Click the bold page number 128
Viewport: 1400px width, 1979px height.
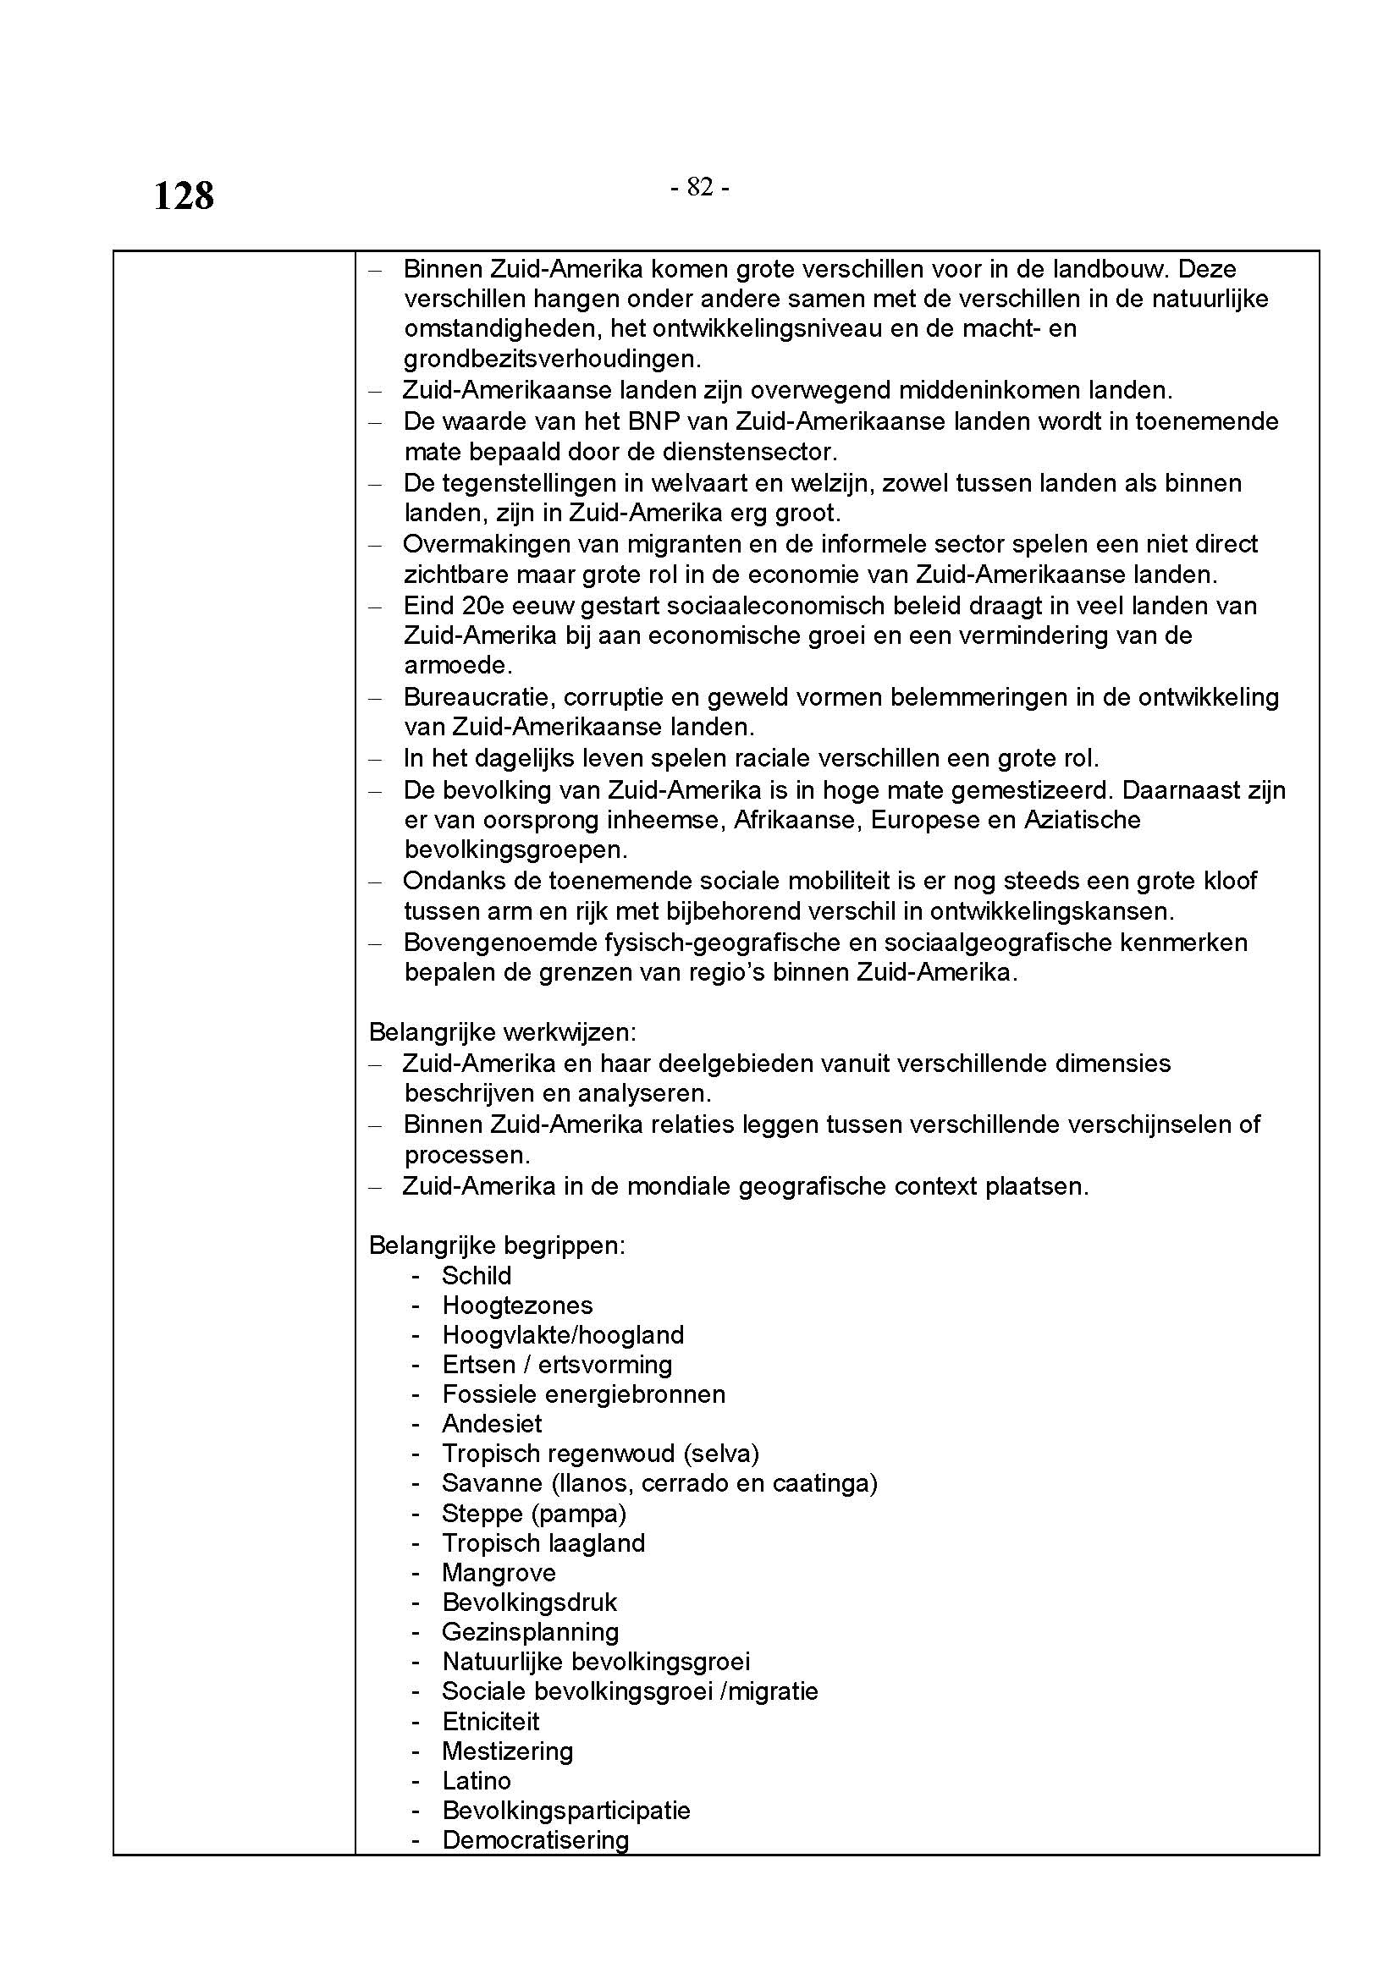[x=184, y=195]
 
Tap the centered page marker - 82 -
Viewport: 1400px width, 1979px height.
[x=700, y=187]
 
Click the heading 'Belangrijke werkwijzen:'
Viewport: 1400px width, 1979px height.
[x=502, y=1031]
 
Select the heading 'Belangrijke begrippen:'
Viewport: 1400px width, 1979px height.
[x=497, y=1245]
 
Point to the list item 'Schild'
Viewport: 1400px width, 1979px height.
[x=476, y=1275]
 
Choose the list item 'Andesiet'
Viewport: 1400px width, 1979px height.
[x=492, y=1423]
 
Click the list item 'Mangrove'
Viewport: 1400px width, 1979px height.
[x=499, y=1572]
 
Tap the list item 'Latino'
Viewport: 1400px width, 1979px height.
[x=476, y=1780]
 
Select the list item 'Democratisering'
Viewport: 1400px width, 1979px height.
[x=534, y=1839]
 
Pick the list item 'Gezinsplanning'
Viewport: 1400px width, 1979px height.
[x=530, y=1631]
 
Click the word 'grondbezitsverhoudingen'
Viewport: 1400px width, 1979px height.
[x=552, y=359]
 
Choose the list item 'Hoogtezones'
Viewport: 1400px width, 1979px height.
[x=517, y=1305]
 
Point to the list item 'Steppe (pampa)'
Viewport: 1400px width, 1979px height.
[x=533, y=1513]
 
